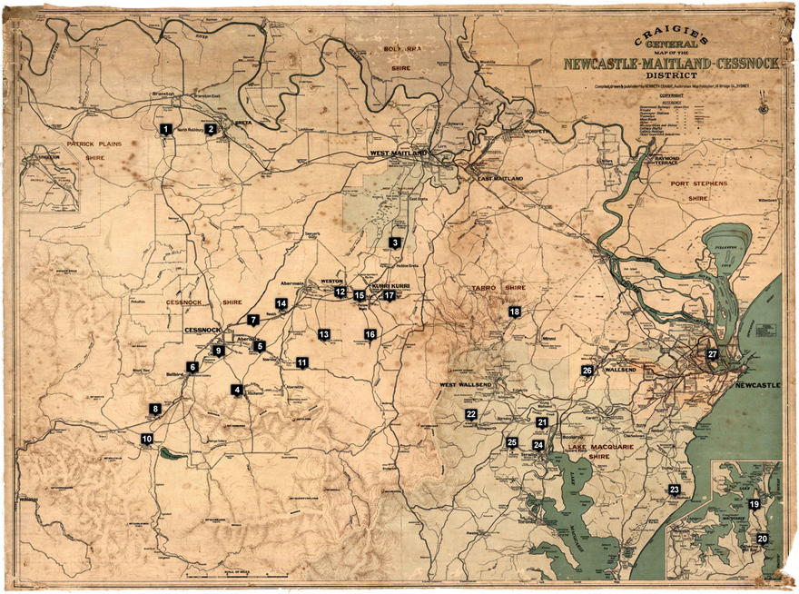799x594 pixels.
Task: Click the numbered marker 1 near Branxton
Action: (x=165, y=129)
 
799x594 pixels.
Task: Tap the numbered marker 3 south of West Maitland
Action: (x=395, y=243)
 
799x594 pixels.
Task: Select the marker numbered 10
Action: (x=146, y=439)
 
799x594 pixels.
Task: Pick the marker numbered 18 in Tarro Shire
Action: (x=515, y=312)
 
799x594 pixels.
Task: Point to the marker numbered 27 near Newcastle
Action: (x=712, y=354)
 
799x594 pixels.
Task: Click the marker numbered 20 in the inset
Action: (x=763, y=539)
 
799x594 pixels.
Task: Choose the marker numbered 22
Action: (x=471, y=414)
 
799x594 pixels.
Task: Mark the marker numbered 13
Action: (x=323, y=334)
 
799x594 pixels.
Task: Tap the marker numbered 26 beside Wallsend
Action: (x=587, y=371)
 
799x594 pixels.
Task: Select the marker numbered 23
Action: (x=675, y=490)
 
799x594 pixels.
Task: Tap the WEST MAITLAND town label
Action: (x=399, y=154)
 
